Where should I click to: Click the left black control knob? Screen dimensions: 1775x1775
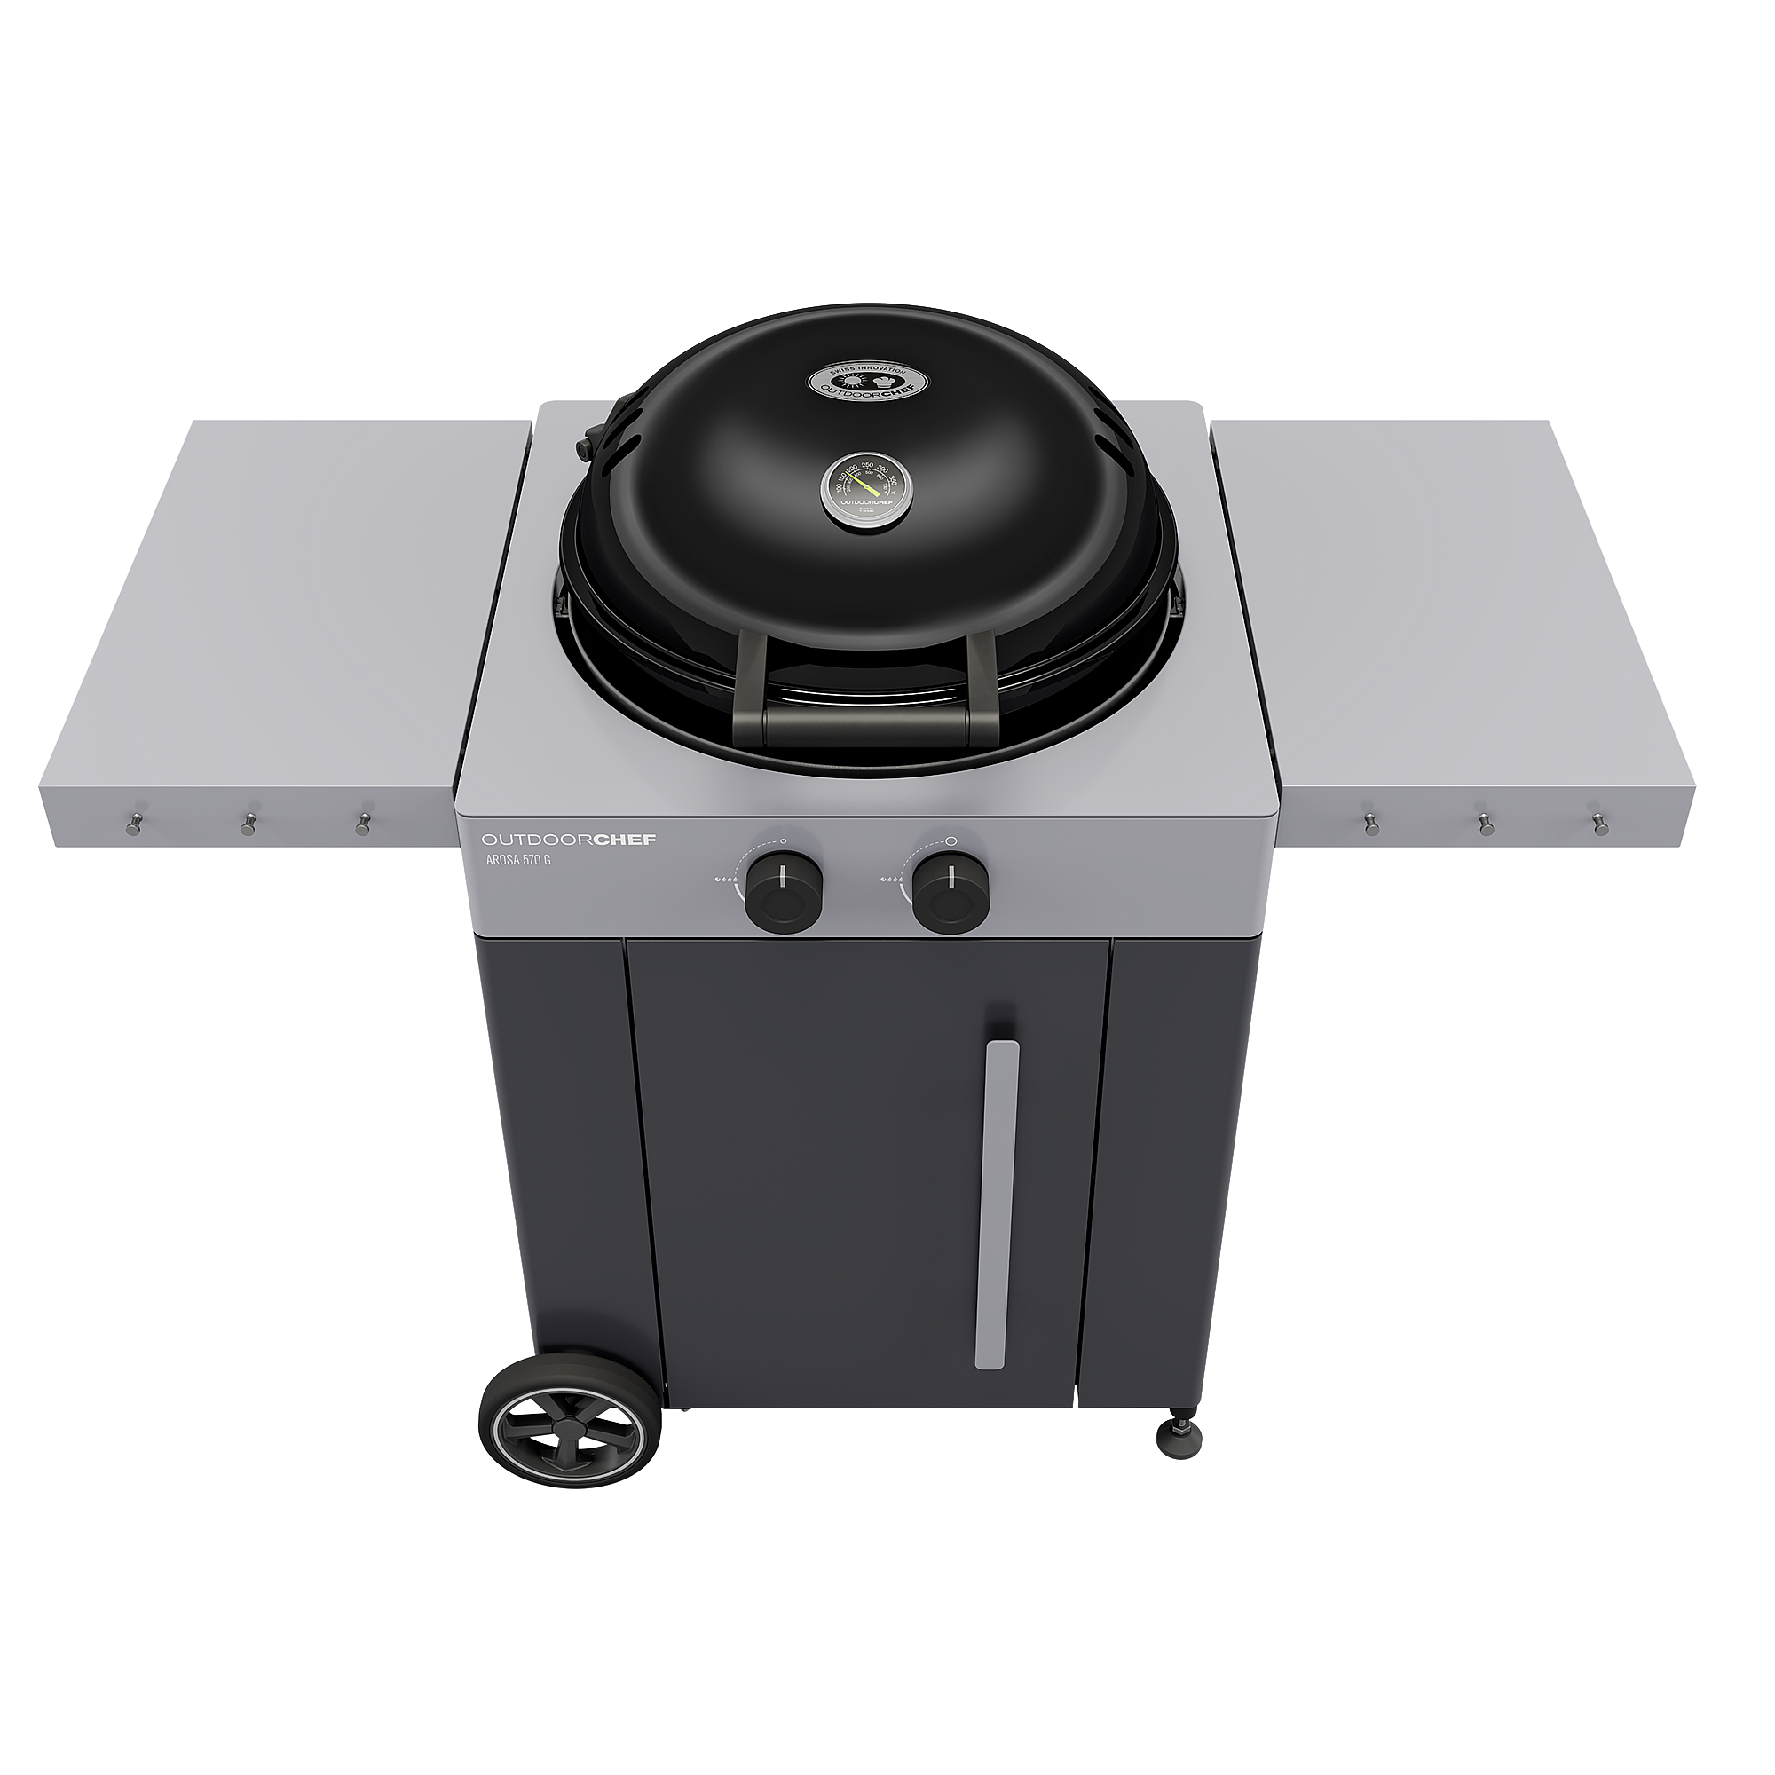click(783, 889)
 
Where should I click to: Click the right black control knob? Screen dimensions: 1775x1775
click(950, 889)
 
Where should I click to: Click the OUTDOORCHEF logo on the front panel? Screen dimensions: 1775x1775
click(569, 840)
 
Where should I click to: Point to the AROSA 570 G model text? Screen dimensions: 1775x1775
click(518, 861)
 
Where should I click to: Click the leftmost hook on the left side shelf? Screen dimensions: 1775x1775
click(134, 824)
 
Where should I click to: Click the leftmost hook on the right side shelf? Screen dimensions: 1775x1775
click(1372, 823)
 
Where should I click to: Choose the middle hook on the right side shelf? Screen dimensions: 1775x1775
click(1485, 823)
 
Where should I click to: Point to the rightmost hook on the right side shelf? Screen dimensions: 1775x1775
click(1600, 823)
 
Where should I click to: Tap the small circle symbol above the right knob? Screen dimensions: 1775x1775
click(951, 840)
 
